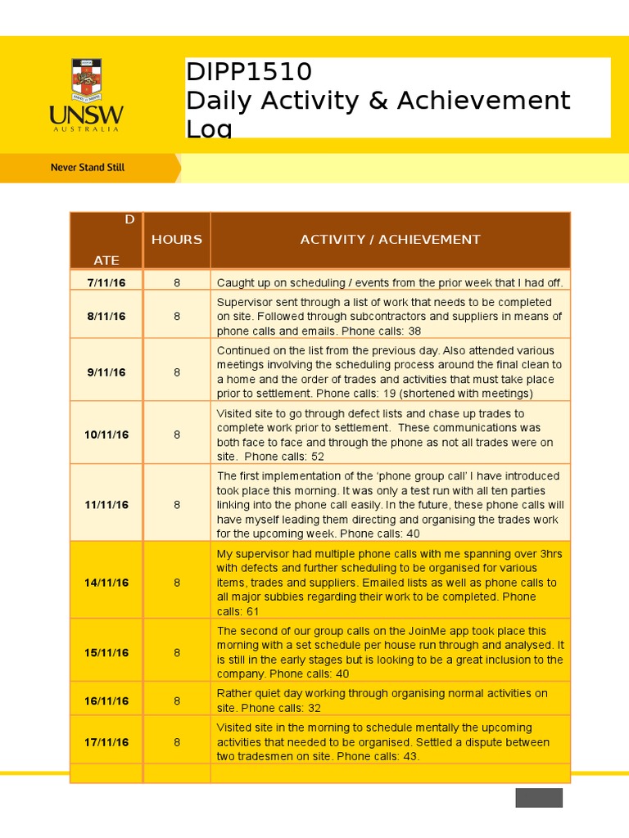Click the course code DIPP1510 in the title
point(249,72)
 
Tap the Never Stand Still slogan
point(88,167)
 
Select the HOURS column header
point(176,240)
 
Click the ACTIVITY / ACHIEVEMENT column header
point(390,240)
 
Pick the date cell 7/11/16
point(106,282)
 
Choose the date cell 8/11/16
point(106,317)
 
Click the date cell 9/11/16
point(106,372)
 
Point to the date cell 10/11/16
point(106,435)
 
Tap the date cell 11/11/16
point(106,505)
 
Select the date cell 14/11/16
point(106,583)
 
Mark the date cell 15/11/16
point(106,653)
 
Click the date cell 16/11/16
point(106,701)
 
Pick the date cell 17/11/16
point(106,742)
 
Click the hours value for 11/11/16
point(177,505)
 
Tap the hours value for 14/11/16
point(177,583)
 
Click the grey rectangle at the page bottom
point(539,798)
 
